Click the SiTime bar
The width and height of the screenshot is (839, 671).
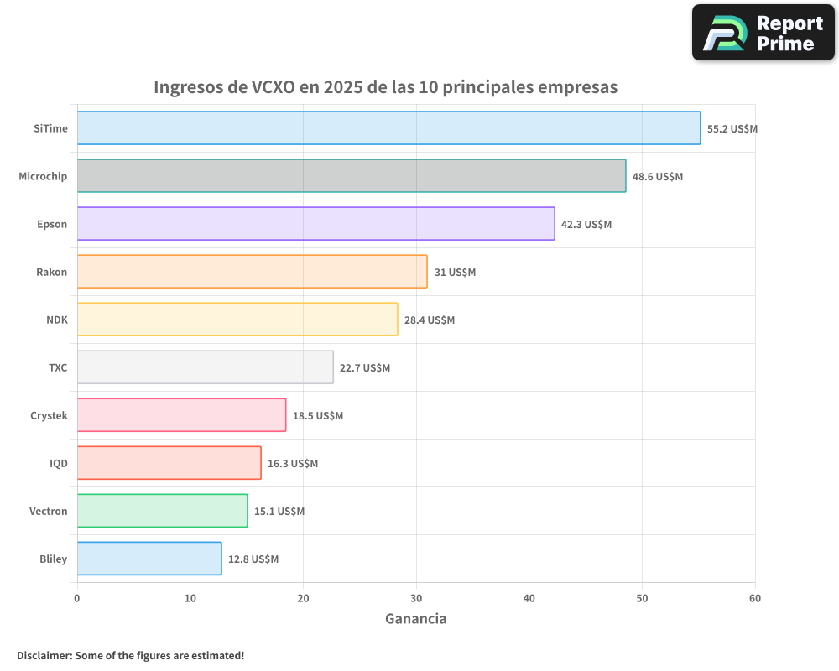point(388,128)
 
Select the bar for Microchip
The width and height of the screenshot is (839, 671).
point(351,176)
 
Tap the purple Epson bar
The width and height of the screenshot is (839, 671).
point(315,224)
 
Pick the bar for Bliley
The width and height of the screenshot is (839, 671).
point(149,559)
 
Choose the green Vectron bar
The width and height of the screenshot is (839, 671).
point(162,511)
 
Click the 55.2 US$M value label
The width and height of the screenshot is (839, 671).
point(732,129)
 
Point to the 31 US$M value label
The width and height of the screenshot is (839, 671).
point(455,273)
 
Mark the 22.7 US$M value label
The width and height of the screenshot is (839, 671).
point(365,368)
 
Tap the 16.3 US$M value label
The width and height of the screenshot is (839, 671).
point(293,464)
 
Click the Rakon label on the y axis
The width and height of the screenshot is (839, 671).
point(52,272)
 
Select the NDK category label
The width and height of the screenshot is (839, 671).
point(57,320)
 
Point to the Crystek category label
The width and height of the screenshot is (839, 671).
point(49,415)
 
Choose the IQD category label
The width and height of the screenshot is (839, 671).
point(59,463)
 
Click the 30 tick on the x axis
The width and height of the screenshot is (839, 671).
point(416,598)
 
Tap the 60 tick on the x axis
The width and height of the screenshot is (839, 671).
point(755,598)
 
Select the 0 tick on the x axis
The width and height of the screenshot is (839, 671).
point(77,598)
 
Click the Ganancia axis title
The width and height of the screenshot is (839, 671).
point(416,619)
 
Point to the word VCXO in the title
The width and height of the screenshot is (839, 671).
point(274,87)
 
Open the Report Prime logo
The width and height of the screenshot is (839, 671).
point(763,33)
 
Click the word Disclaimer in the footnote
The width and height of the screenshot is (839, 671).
point(44,655)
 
